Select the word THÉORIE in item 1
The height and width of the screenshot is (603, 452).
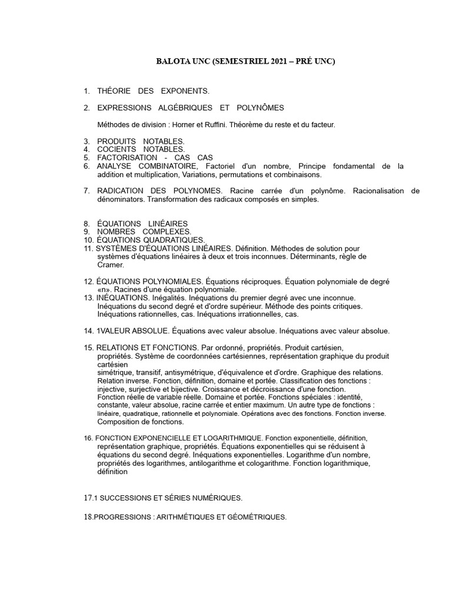pos(114,91)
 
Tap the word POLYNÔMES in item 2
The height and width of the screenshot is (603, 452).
pos(260,108)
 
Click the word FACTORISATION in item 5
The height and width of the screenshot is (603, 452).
pos(127,158)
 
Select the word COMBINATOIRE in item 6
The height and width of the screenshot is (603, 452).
pos(167,167)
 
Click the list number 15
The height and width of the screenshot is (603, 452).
pos(88,348)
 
